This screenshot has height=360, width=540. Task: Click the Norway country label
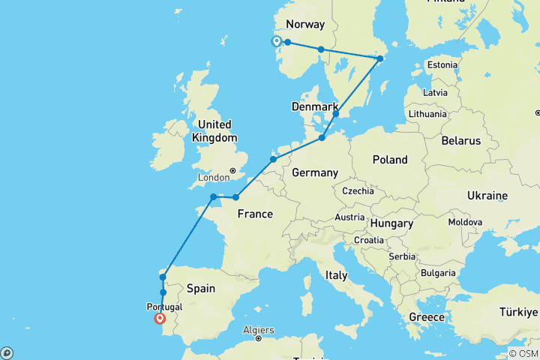pos(306,24)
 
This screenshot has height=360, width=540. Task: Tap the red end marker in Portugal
pos(160,318)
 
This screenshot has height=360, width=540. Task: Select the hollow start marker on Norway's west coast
pos(276,41)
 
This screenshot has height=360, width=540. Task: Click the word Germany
pos(315,173)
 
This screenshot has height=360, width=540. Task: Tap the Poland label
pos(390,160)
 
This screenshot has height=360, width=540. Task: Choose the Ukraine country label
pos(487,195)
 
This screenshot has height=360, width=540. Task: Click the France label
pos(255,214)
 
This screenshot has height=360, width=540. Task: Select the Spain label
pos(201,288)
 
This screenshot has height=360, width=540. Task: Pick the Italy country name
pos(337,275)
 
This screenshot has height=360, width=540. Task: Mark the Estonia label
pos(442,64)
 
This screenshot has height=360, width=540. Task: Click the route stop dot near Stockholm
pos(379,58)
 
